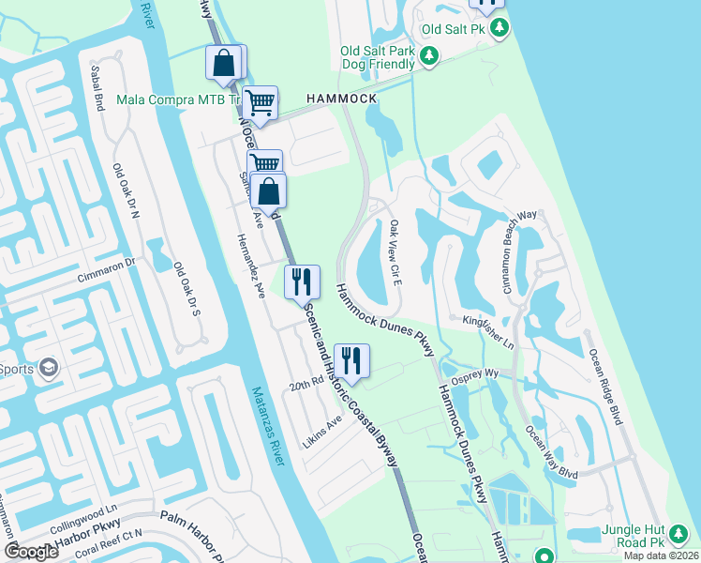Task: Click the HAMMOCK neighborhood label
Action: tap(340, 99)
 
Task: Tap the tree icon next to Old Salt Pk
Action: tap(500, 28)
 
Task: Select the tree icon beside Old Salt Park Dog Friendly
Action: tap(429, 57)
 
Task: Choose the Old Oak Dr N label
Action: tap(125, 191)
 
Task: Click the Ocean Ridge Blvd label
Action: tap(604, 386)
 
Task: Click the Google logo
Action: tap(32, 552)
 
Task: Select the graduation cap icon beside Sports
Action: tap(48, 367)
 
